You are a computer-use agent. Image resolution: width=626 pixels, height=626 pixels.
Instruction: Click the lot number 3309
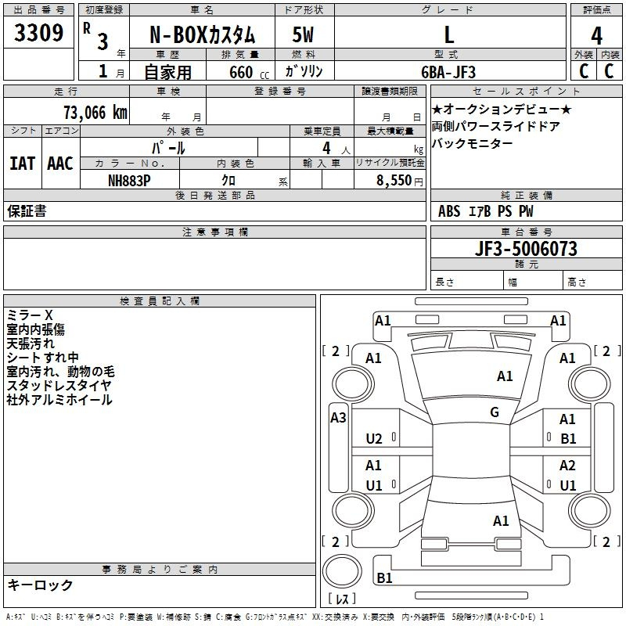click(x=38, y=32)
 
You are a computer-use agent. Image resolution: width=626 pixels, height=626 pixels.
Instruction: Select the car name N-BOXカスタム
click(x=202, y=35)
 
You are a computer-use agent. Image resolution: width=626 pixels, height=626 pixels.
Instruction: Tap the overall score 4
click(x=596, y=36)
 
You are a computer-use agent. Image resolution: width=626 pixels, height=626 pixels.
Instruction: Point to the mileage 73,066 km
click(x=95, y=113)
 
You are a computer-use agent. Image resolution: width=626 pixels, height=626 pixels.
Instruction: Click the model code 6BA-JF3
click(x=448, y=72)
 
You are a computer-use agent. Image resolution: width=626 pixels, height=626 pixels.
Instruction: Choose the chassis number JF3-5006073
click(x=526, y=248)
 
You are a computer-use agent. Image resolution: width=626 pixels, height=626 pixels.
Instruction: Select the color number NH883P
click(x=129, y=181)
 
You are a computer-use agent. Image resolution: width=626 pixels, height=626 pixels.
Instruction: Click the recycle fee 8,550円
click(x=400, y=181)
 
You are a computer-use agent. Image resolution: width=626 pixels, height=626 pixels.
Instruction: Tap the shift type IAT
click(x=23, y=164)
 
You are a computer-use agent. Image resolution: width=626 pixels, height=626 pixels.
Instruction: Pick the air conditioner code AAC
click(x=60, y=164)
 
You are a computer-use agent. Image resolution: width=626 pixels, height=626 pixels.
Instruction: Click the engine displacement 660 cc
click(x=249, y=72)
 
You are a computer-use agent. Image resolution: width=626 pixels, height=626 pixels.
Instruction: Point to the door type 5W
click(x=303, y=35)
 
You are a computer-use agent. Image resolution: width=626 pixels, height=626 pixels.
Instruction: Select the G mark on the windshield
click(x=495, y=412)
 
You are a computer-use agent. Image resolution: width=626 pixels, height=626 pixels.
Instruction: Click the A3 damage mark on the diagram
click(x=338, y=418)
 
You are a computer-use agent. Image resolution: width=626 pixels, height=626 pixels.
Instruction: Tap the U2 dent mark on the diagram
click(x=374, y=439)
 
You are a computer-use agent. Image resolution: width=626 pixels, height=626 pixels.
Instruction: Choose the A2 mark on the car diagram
click(x=567, y=466)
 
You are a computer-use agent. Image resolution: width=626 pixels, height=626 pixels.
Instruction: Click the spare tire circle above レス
click(x=342, y=571)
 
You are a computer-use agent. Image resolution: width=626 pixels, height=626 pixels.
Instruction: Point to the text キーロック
click(x=40, y=585)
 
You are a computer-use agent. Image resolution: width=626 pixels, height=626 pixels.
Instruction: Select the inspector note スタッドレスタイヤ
click(x=59, y=386)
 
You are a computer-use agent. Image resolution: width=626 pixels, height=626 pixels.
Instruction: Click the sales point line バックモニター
click(x=472, y=143)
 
